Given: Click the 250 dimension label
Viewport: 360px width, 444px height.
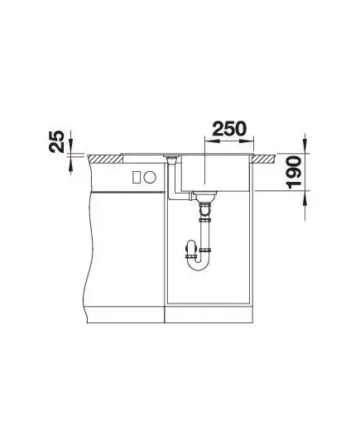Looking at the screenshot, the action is (x=229, y=128).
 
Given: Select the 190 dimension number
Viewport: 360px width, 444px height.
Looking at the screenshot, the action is (x=294, y=172).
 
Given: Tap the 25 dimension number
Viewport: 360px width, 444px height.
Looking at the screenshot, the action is (x=56, y=141).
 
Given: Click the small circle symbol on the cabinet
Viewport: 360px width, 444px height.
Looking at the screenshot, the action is (x=150, y=178).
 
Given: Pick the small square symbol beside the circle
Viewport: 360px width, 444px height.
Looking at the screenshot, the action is (x=137, y=178).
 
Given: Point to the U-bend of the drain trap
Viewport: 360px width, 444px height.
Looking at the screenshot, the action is (x=200, y=265).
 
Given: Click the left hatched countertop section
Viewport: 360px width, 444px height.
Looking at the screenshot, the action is (x=105, y=159).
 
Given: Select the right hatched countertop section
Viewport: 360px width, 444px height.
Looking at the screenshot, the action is (x=264, y=159).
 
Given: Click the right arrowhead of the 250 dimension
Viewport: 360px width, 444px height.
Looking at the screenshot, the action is (x=247, y=141).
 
